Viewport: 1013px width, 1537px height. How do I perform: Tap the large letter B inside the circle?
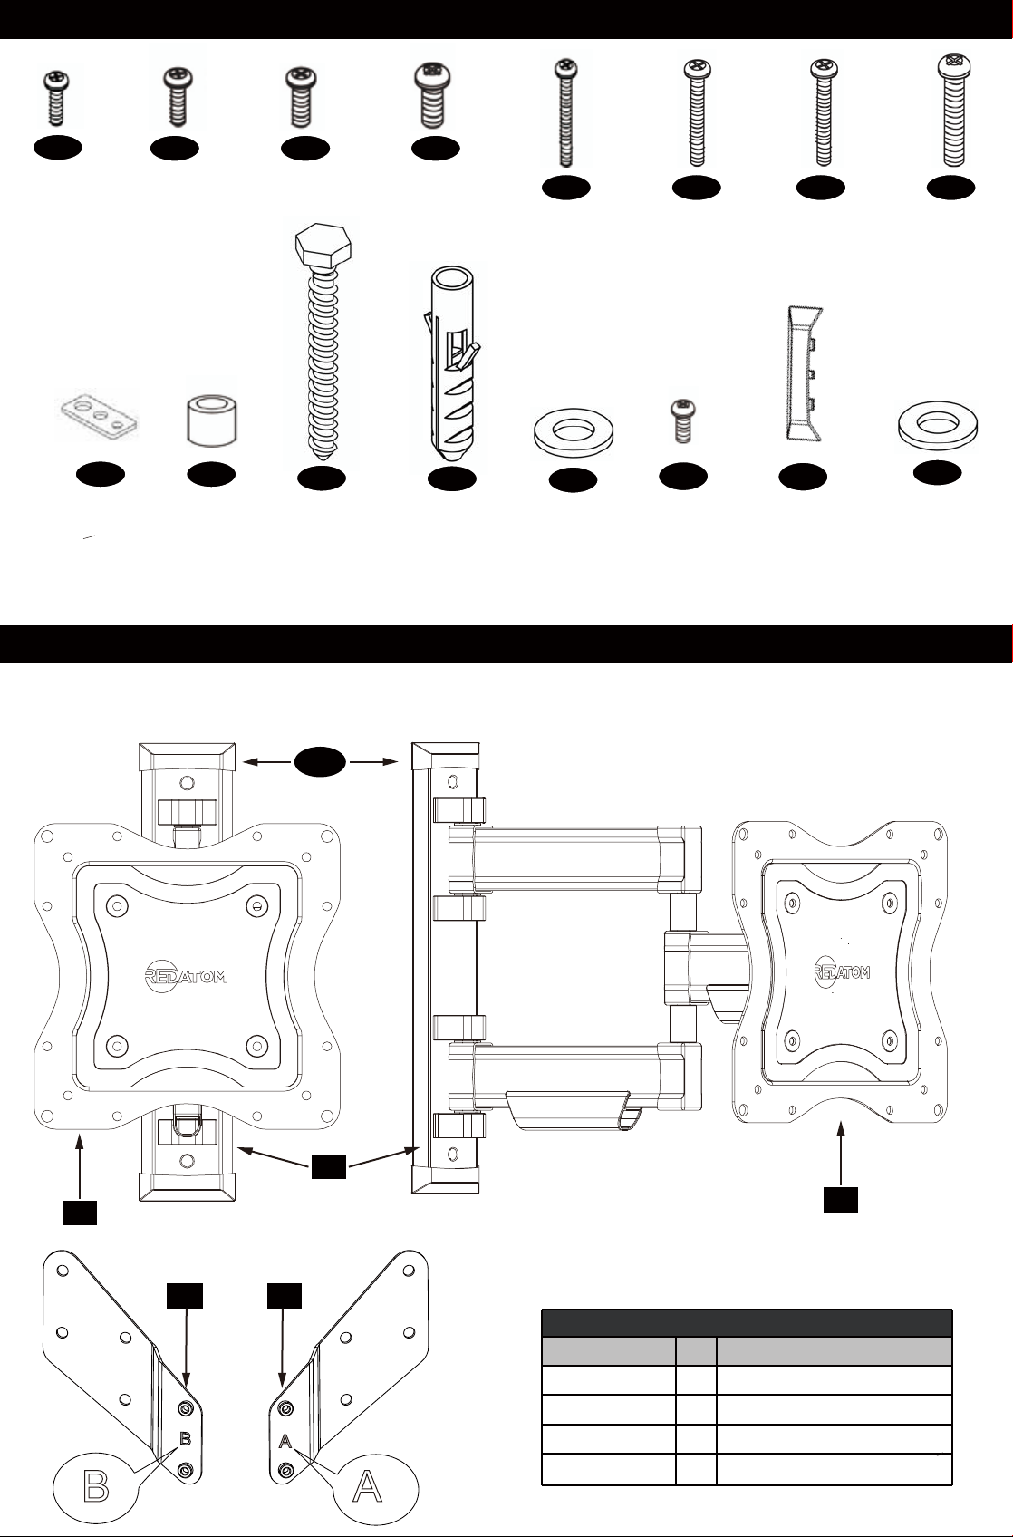pos(99,1487)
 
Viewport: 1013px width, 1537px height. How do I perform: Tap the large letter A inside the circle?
pos(366,1487)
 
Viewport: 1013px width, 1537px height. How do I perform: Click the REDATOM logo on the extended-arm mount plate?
pos(842,972)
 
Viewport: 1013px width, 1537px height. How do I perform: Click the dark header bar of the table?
pos(746,1322)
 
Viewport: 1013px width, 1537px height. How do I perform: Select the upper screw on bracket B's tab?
pos(186,1407)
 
